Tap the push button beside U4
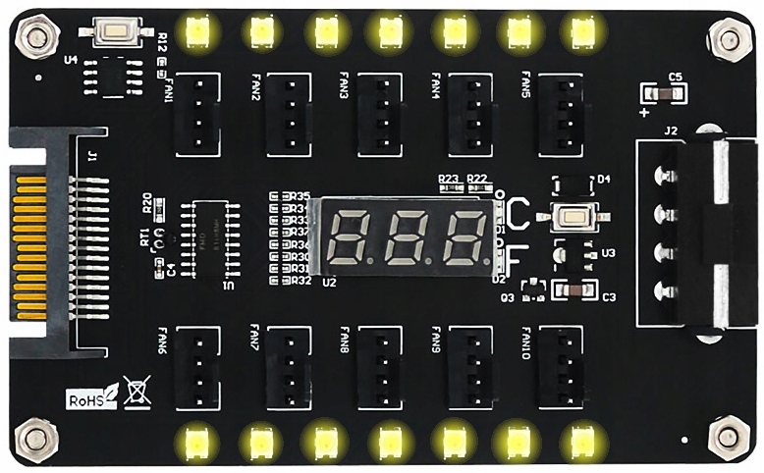coord(117,32)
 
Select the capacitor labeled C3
coord(573,290)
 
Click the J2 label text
coord(671,131)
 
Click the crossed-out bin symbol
coord(136,397)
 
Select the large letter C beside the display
coord(518,211)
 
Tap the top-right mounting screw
coord(728,40)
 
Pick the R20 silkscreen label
coord(148,204)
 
